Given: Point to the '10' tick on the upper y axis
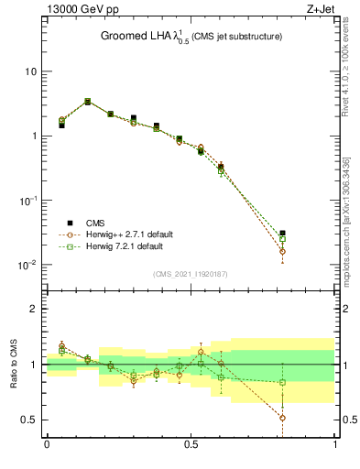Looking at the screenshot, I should tap(31, 71).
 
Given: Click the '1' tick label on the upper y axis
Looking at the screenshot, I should tap(34, 136).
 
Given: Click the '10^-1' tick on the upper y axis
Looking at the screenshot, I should tap(29, 200).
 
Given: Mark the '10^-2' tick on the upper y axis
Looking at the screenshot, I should tap(29, 265).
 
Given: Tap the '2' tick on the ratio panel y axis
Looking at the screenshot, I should tap(34, 310).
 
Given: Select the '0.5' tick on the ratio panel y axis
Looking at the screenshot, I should tap(29, 420).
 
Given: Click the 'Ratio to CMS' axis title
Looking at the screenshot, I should tap(14, 365).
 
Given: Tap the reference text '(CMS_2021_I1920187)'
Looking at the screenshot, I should tap(191, 274).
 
